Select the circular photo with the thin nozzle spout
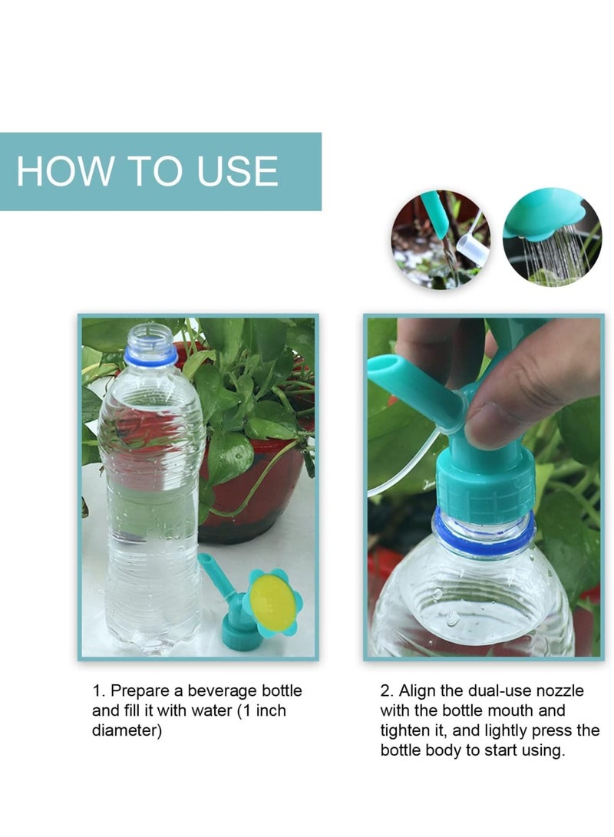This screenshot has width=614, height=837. (441, 239)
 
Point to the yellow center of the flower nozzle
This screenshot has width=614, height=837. (272, 600)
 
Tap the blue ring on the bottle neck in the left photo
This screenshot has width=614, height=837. (151, 357)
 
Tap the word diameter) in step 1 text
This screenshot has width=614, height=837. (127, 730)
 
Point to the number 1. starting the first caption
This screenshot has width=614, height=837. (98, 691)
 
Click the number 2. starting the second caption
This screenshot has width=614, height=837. (387, 691)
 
